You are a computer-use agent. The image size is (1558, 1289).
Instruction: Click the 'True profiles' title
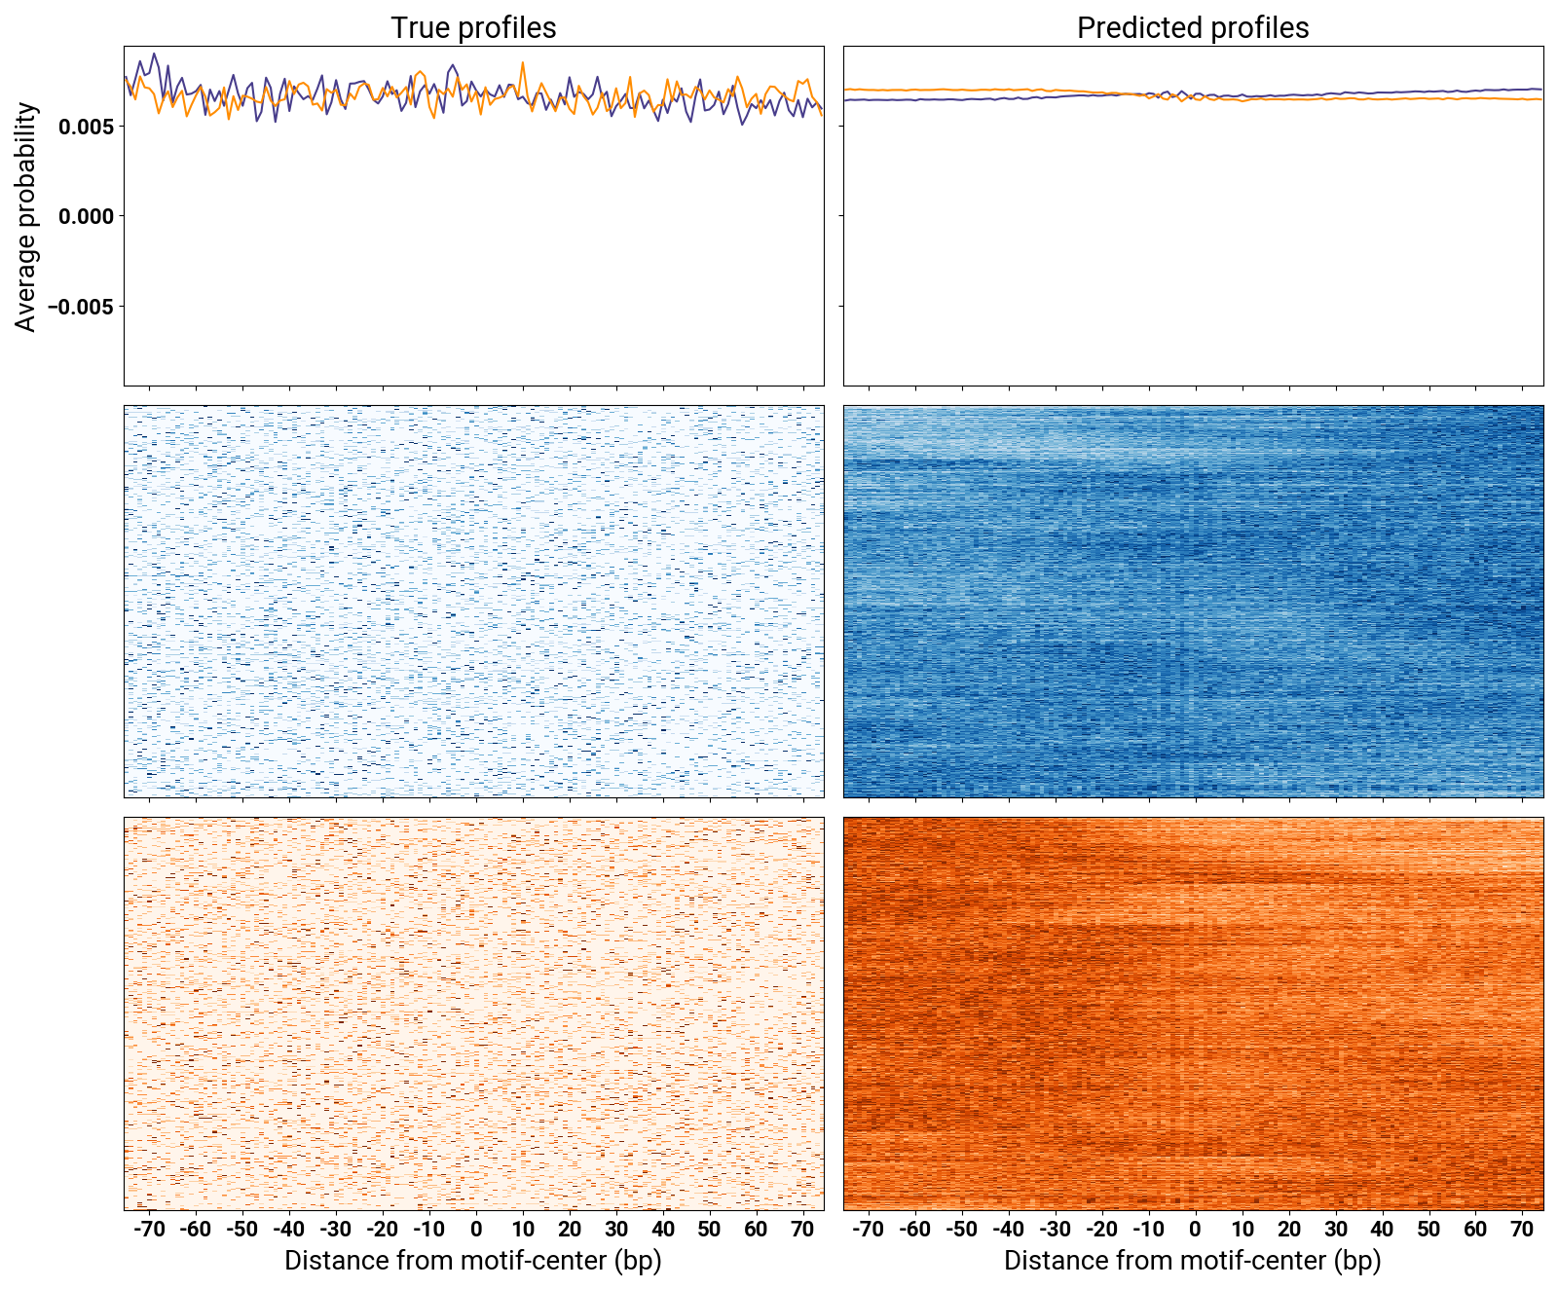coord(473,27)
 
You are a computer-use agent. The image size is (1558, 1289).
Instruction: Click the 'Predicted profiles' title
coord(1193,27)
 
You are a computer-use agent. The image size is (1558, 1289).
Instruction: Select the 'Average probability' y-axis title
coord(26,216)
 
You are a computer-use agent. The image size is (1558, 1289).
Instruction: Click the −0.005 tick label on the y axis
coord(82,307)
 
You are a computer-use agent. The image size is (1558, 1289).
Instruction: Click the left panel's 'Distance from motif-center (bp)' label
coord(473,1261)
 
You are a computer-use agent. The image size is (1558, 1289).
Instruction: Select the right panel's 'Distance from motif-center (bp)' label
coord(1193,1261)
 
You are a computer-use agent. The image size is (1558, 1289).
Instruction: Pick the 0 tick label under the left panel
coord(476,1229)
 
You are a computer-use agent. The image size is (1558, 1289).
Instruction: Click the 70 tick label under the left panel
coord(802,1229)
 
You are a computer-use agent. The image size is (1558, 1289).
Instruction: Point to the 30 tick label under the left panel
coord(615,1229)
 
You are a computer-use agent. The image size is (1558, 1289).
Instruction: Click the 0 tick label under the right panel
coord(1195,1229)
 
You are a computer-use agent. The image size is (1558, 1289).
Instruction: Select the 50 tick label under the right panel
coord(1428,1229)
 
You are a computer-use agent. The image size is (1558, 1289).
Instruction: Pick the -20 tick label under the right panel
coord(1100,1229)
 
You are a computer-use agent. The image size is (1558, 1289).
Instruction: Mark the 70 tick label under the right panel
coord(1522,1229)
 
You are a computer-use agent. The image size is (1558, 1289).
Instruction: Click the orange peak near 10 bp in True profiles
coord(523,64)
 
